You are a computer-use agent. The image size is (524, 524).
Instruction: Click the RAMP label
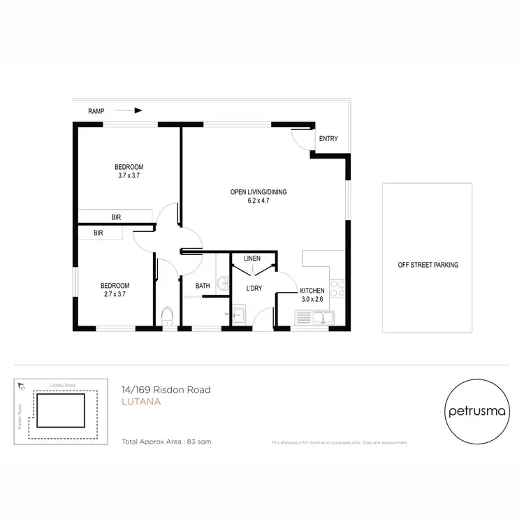pos(96,110)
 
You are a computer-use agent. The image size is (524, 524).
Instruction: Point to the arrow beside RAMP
pos(129,110)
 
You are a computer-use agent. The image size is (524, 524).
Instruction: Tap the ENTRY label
pos(328,139)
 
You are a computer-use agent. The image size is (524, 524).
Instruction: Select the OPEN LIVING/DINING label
pos(259,192)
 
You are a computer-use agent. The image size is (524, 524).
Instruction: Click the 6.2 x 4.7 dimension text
pos(259,201)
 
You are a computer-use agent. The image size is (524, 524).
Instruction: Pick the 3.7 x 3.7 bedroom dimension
pos(129,175)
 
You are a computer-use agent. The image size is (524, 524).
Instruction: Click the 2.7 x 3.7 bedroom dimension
pos(115,294)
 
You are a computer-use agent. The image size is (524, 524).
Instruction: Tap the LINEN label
pos(252,259)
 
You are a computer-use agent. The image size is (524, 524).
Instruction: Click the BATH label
pos(203,286)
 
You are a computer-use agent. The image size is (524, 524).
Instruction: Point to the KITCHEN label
pos(312,291)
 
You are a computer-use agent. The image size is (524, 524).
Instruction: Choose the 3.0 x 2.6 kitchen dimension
pos(312,300)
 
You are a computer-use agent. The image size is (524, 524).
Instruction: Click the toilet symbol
pos(166,316)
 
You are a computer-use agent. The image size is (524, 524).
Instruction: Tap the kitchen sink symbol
pos(315,319)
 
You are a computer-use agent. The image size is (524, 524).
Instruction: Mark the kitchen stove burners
pos(337,290)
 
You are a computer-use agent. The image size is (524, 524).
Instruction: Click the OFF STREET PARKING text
pos(428,265)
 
